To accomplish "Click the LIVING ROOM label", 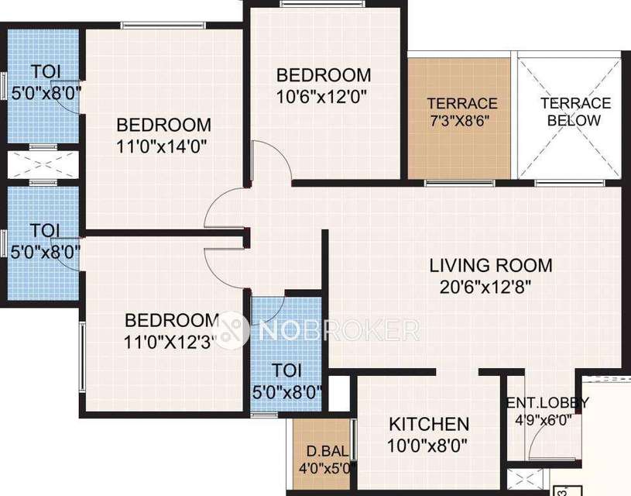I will [491, 265].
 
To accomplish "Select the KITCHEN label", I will [428, 424].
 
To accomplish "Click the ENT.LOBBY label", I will [547, 403].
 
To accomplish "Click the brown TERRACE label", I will [461, 103].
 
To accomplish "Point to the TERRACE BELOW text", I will [574, 112].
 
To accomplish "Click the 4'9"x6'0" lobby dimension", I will [549, 422].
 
